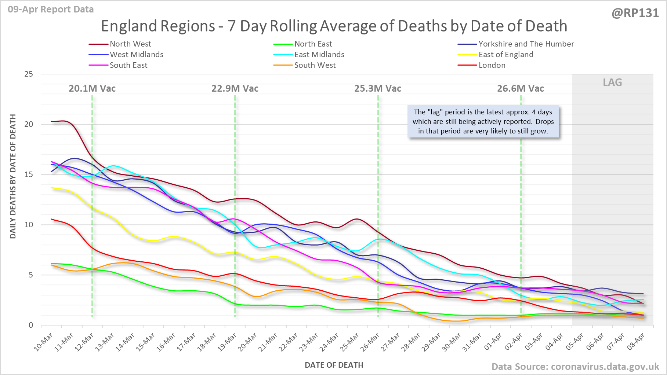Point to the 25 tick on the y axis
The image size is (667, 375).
click(x=29, y=74)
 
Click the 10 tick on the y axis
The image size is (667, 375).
click(x=29, y=225)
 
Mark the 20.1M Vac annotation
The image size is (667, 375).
click(x=92, y=89)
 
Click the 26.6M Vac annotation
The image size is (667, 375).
click(x=521, y=89)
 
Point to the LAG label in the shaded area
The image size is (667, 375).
click(x=612, y=82)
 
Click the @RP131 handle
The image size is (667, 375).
click(x=635, y=13)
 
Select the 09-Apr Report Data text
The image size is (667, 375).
click(x=51, y=10)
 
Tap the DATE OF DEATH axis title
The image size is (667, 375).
click(x=334, y=365)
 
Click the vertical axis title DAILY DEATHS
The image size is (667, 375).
click(x=13, y=176)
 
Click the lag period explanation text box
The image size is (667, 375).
click(x=483, y=122)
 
